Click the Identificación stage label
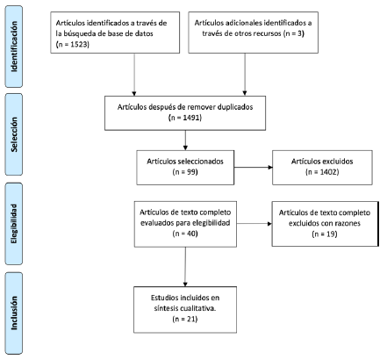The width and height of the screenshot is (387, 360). pyautogui.click(x=14, y=47)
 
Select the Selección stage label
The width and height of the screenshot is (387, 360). pyautogui.click(x=14, y=134)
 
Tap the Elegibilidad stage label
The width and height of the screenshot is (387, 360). pyautogui.click(x=14, y=224)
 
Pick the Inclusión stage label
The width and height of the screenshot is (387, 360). pyautogui.click(x=14, y=313)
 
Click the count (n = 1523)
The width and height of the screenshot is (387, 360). pyautogui.click(x=72, y=44)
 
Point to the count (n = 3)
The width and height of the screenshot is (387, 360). pyautogui.click(x=293, y=33)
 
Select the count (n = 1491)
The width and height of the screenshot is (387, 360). pyautogui.click(x=185, y=118)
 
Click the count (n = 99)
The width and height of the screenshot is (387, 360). pyautogui.click(x=185, y=172)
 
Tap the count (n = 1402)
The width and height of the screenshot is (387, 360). pyautogui.click(x=322, y=172)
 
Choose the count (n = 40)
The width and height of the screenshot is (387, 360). pyautogui.click(x=185, y=234)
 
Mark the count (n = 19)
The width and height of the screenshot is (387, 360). pyautogui.click(x=325, y=234)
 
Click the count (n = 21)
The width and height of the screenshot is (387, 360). pyautogui.click(x=185, y=319)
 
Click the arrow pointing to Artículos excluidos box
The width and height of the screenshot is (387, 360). pyautogui.click(x=254, y=168)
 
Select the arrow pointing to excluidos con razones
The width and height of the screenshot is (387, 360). pyautogui.click(x=254, y=224)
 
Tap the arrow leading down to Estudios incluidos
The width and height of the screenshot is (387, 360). pyautogui.click(x=185, y=267)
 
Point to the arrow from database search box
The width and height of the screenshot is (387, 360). pyautogui.click(x=134, y=75)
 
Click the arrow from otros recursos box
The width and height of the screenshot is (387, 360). pyautogui.click(x=245, y=75)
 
